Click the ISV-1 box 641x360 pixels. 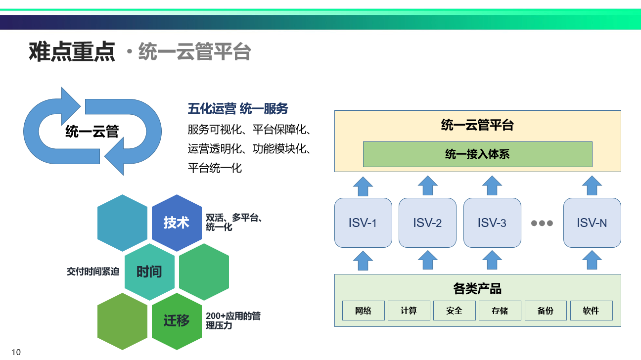pyautogui.click(x=363, y=223)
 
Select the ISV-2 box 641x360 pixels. pyautogui.click(x=427, y=223)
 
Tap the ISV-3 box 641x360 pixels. pyautogui.click(x=492, y=223)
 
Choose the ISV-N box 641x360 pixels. pyautogui.click(x=592, y=223)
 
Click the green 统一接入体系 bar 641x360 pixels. pyautogui.click(x=478, y=154)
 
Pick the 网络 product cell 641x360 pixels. pyautogui.click(x=364, y=311)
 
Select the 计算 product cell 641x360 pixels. pyautogui.click(x=409, y=311)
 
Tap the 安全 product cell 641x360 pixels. pyautogui.click(x=455, y=311)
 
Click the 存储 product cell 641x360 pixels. pyautogui.click(x=500, y=311)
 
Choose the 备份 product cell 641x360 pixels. pyautogui.click(x=546, y=311)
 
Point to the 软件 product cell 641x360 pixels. pyautogui.click(x=592, y=311)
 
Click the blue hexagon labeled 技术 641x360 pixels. pyautogui.click(x=177, y=223)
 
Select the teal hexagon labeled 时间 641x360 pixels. pyautogui.click(x=149, y=272)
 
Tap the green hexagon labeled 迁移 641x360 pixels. pyautogui.click(x=177, y=321)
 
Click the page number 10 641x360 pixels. pyautogui.click(x=16, y=352)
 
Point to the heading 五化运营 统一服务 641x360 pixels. pyautogui.click(x=238, y=109)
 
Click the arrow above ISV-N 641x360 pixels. pyautogui.click(x=592, y=186)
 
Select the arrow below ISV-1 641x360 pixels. pyautogui.click(x=363, y=261)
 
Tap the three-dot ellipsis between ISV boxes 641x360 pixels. pyautogui.click(x=542, y=223)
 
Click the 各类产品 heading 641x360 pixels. pyautogui.click(x=478, y=288)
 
